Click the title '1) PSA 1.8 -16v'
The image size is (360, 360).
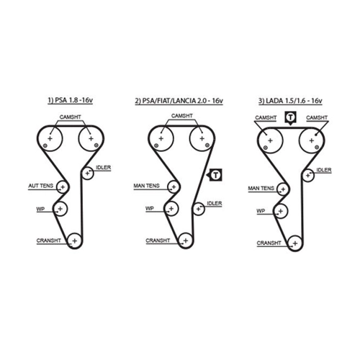(70, 100)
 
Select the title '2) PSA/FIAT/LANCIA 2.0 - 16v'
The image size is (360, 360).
(179, 101)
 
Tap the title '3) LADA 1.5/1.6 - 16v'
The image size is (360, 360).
(290, 101)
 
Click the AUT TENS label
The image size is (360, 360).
(40, 186)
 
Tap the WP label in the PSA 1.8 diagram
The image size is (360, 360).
(40, 209)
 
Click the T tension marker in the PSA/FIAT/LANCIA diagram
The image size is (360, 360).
(215, 175)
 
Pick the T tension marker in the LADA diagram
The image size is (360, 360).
(290, 118)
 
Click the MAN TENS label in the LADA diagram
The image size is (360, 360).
(261, 189)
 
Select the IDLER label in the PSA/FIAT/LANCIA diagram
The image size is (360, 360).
(215, 204)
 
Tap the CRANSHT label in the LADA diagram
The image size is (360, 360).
(269, 243)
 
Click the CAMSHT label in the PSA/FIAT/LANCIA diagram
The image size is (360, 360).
(182, 116)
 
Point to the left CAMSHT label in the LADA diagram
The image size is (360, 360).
(266, 117)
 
